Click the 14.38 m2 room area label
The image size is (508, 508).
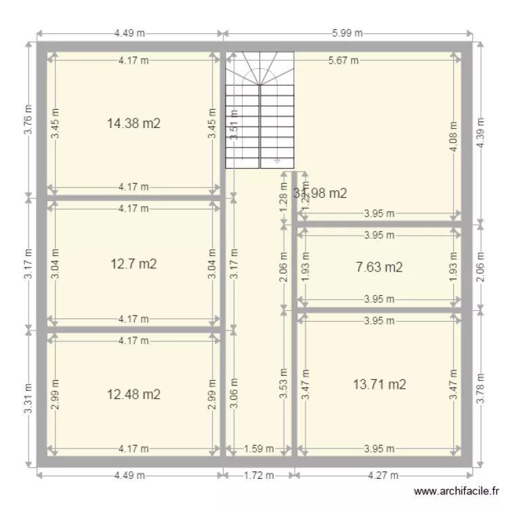pos(133,123)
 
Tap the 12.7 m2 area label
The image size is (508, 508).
pos(133,264)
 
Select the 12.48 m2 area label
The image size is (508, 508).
pos(133,394)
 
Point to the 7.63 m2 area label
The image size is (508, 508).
pos(379,268)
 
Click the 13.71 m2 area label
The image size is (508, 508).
pos(379,385)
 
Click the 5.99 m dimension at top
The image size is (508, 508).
pos(347,33)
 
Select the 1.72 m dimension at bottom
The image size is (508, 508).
pos(259,475)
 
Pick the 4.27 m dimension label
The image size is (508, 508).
pos(383,475)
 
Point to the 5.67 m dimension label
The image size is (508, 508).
pos(343,60)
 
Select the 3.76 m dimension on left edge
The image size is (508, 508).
pos(28,120)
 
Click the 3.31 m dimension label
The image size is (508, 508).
pos(28,398)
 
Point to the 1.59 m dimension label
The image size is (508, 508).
pos(259,448)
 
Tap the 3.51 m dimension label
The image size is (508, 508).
pos(234,125)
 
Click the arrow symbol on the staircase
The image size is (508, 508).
pos(276,161)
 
